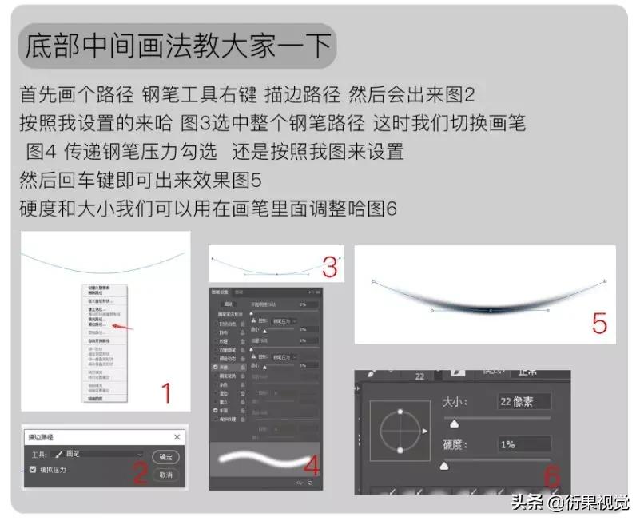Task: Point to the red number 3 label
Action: [329, 264]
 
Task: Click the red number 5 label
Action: [599, 322]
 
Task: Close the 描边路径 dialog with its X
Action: [177, 437]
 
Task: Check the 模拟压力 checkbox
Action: [33, 471]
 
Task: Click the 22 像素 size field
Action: [523, 401]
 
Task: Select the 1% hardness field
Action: [523, 444]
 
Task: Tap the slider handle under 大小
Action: [455, 423]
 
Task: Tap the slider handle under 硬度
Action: [444, 465]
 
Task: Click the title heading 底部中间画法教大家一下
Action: [177, 46]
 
